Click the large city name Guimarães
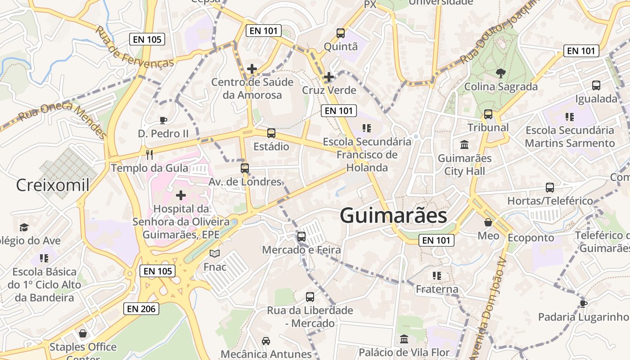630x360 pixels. click(393, 216)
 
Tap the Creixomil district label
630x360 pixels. click(53, 185)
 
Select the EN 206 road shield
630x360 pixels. click(141, 309)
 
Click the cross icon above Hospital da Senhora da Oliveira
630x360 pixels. click(181, 195)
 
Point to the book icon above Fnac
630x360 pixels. click(215, 254)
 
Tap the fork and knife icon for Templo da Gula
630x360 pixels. click(150, 155)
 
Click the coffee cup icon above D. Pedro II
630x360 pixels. click(163, 120)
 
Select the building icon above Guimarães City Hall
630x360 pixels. click(464, 145)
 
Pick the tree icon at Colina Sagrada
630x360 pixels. click(500, 73)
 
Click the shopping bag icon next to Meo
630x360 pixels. click(488, 222)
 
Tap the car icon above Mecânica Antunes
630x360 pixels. click(266, 341)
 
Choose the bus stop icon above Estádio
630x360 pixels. click(271, 133)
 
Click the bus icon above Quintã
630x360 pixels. click(341, 33)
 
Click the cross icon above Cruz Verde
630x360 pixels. click(329, 77)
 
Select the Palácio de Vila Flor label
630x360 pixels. click(404, 352)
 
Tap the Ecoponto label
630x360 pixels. click(531, 237)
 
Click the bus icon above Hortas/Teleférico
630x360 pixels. click(549, 187)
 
